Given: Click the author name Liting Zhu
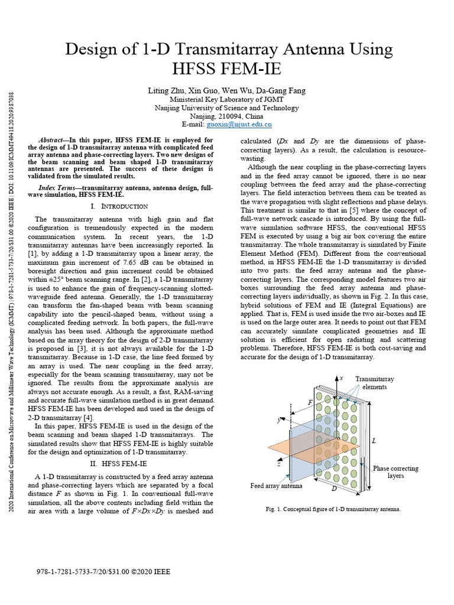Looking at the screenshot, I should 166,90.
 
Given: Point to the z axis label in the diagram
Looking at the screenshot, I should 278,464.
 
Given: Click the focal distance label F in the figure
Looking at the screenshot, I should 310,402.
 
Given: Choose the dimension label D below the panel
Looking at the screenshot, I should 334,489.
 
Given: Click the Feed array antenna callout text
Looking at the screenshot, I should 276,486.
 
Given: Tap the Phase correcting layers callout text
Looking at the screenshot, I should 395,471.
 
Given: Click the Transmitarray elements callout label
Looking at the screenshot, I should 374,383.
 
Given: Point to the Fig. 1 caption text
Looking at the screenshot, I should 333,509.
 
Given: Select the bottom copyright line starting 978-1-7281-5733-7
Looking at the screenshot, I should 103,573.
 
